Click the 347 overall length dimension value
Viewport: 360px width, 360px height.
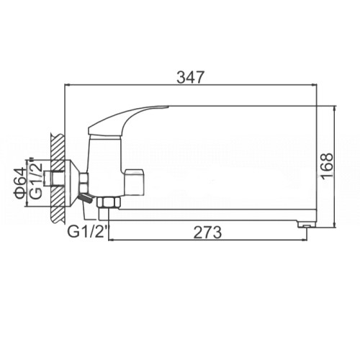coord(190,77)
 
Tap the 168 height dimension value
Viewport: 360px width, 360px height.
coord(327,166)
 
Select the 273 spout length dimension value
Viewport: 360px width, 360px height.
coord(208,233)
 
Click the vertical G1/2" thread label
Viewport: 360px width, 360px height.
coord(37,178)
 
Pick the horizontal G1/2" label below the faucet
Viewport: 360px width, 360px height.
coord(88,232)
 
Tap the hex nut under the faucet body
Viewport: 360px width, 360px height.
coord(109,202)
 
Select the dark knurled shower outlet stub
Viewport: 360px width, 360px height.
coord(86,198)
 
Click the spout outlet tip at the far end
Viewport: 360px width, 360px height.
coord(306,225)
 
